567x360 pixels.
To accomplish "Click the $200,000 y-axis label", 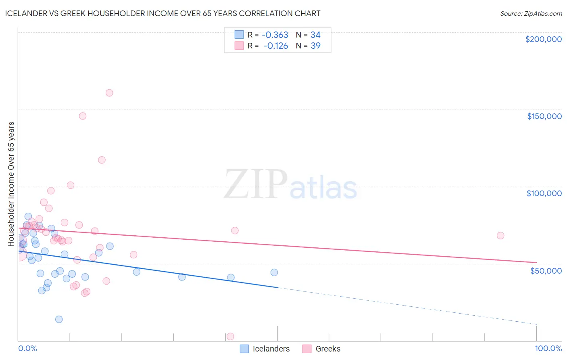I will tap(543, 39).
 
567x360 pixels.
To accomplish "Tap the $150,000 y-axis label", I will tap(544, 116).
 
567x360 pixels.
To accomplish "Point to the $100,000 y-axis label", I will tap(544, 193).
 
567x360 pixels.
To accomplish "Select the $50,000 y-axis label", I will tap(546, 270).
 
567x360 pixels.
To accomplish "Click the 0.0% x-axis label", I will tap(27, 348).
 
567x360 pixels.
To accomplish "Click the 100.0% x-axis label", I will tap(548, 348).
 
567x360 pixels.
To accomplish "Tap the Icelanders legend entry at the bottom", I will tap(271, 349).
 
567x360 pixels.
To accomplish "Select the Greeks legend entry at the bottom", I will tap(327, 349).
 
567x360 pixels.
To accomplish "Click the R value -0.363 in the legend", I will tap(275, 35).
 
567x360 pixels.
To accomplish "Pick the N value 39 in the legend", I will tap(315, 46).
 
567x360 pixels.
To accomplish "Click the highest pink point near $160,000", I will tap(109, 93).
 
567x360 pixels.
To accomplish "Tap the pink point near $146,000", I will tap(83, 116).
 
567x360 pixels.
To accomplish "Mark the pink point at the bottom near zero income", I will tap(230, 336).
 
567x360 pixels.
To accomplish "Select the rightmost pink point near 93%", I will tap(500, 235).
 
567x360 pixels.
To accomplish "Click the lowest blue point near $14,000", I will tap(59, 319).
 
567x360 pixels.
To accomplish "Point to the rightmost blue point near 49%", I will tap(274, 272).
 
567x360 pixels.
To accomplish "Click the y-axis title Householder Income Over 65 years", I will tap(11, 184).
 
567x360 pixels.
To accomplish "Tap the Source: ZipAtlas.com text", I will tap(531, 14).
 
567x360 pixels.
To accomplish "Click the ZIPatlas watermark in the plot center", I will tap(290, 185).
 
